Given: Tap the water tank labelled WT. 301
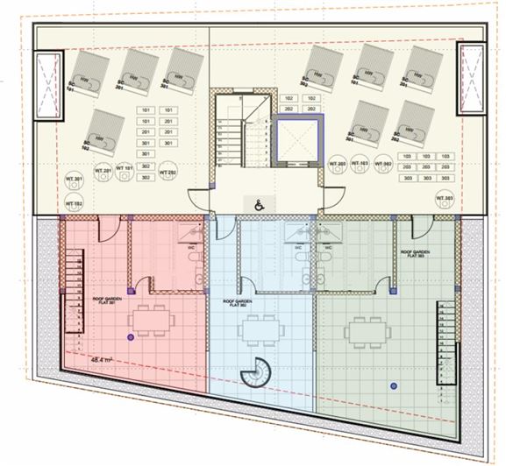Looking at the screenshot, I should click(73, 182).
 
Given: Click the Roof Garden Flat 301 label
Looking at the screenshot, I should click(106, 302).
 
